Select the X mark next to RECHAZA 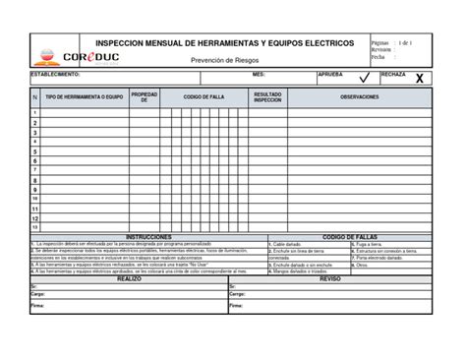[x=421, y=78]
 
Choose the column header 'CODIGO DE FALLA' [x=204, y=96]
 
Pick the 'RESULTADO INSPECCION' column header [x=267, y=98]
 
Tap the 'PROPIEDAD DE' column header [x=144, y=98]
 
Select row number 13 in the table [x=35, y=228]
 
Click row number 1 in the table [x=35, y=113]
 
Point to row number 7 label [x=35, y=170]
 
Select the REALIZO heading [x=129, y=278]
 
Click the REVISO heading [x=330, y=278]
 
